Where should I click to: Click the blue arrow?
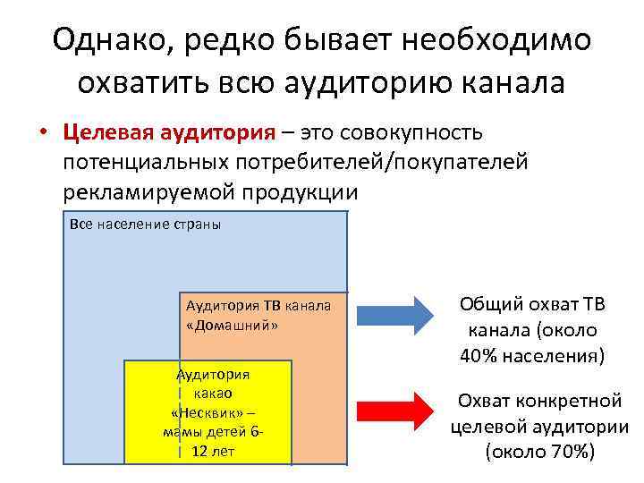click(x=394, y=312)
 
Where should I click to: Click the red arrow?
click(x=394, y=411)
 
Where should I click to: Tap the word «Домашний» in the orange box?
click(x=232, y=326)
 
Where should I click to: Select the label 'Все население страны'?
click(x=145, y=225)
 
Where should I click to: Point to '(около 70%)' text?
click(x=539, y=451)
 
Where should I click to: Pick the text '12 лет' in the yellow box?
click(x=213, y=451)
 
